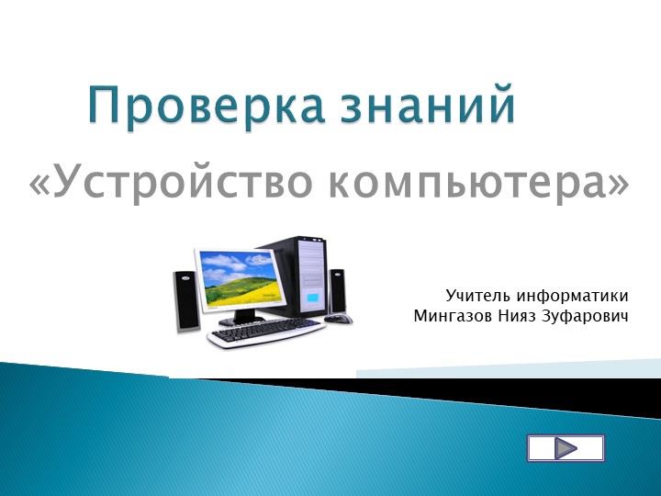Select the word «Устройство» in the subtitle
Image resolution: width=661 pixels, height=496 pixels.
pos(180,183)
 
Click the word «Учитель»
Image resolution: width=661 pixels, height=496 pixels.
pos(478,296)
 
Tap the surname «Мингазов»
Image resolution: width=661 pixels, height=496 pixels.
pos(451,317)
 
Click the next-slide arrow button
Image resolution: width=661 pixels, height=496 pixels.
pos(566,448)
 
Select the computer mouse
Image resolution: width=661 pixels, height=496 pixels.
pos(338,318)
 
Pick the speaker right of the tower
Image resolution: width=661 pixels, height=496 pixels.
pos(337,289)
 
